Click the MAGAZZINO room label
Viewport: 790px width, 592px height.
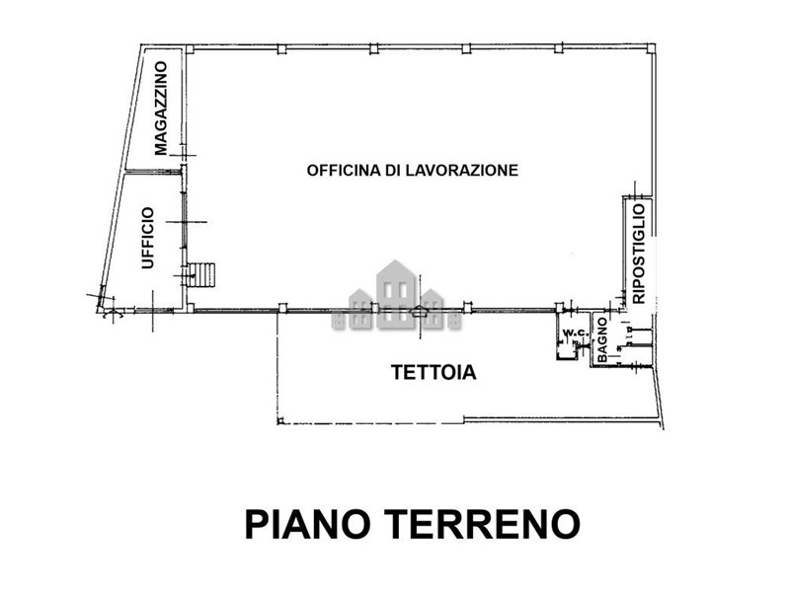[x=161, y=109]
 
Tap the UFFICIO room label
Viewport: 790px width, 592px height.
[x=147, y=238]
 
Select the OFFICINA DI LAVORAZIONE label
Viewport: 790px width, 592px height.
[x=412, y=170]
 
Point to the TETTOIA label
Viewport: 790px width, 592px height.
[x=434, y=373]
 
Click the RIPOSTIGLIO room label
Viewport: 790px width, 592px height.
[x=638, y=254]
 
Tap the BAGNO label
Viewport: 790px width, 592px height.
[x=602, y=339]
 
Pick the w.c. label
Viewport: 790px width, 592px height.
[x=575, y=333]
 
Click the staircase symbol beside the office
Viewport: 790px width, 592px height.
[x=201, y=275]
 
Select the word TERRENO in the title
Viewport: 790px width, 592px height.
[x=483, y=524]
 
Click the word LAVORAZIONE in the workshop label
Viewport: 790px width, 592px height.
[x=462, y=170]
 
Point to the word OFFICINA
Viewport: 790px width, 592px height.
[x=344, y=170]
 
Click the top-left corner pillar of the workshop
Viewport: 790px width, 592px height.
[x=190, y=49]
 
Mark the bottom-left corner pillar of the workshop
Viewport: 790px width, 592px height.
[x=190, y=308]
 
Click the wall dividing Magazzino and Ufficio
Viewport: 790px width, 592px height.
[x=153, y=171]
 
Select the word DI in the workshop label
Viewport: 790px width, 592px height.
[x=393, y=170]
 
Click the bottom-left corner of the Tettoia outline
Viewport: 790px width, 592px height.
[x=278, y=423]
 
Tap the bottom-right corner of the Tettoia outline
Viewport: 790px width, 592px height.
[x=663, y=428]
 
